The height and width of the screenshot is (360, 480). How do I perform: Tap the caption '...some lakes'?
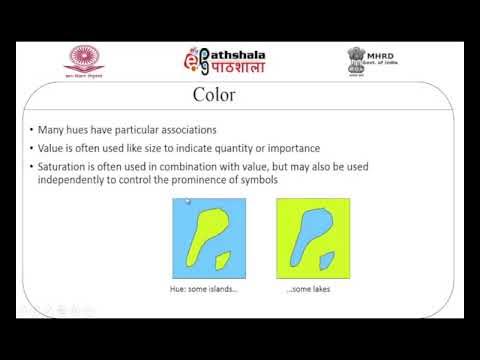coord(308,290)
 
